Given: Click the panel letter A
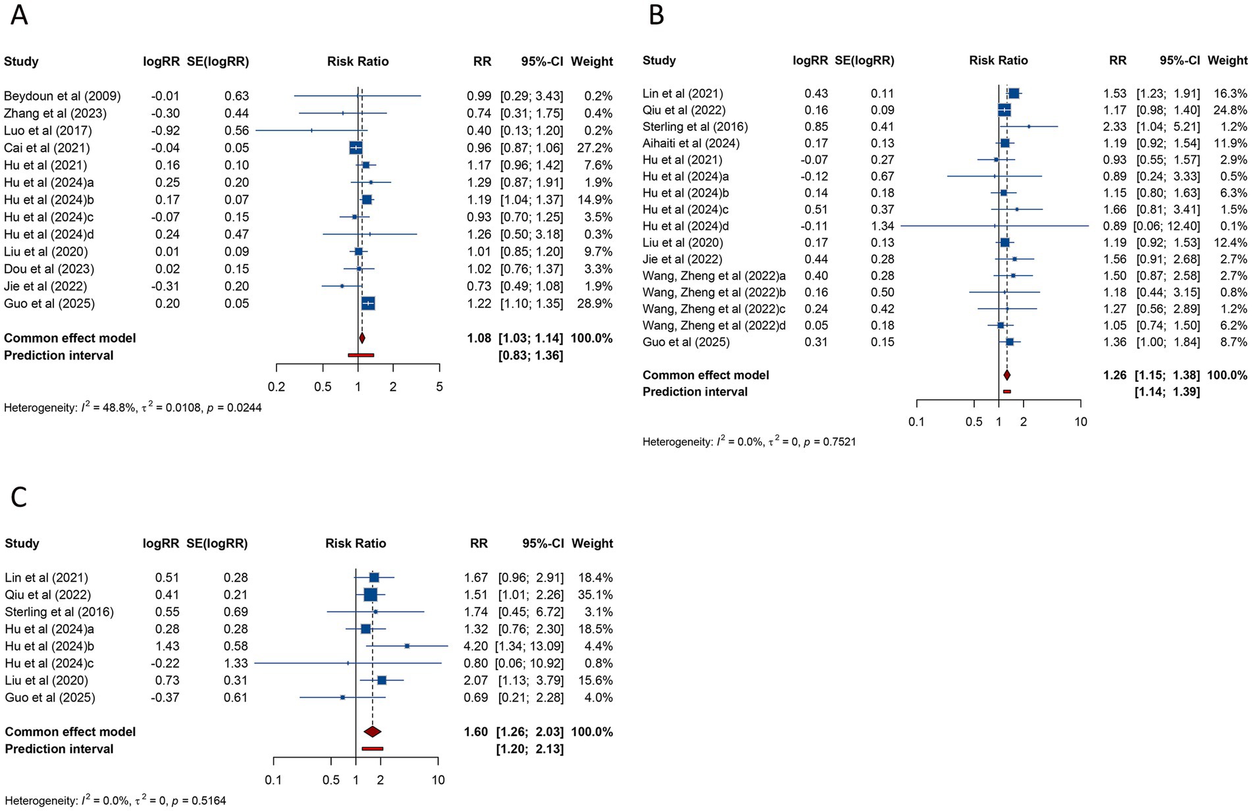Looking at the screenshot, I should [19, 14].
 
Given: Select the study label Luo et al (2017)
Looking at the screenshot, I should [48, 130].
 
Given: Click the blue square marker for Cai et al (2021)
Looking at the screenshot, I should [355, 147].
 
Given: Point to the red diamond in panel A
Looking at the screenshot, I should [361, 338].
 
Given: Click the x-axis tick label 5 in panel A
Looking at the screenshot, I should [440, 387].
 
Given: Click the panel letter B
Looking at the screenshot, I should [656, 14].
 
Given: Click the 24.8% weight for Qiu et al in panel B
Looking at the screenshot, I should [1230, 110].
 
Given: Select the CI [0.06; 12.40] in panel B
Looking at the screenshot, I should [1166, 226].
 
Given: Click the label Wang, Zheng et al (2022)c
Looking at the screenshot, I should [714, 309].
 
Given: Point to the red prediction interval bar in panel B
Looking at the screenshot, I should [1006, 392].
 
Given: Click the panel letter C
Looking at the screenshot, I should [19, 498].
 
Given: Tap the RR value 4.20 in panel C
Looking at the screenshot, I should [476, 646].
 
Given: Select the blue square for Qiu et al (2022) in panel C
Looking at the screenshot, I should [371, 594].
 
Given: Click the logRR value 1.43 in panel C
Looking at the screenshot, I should [167, 646].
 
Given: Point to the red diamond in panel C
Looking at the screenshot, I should [373, 731].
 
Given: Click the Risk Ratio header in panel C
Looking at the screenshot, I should [355, 544].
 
